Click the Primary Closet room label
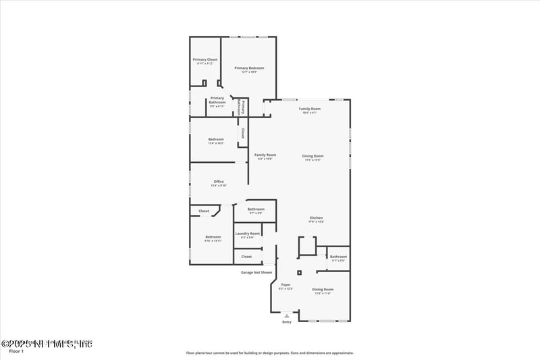coord(205,60)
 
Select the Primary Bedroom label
coord(249,68)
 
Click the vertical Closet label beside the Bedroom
coord(242,134)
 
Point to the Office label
coord(219,182)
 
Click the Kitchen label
coord(316,217)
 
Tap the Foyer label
coord(286,286)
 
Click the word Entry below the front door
coord(287,322)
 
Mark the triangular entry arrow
coord(287,315)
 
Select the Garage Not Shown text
coord(256,273)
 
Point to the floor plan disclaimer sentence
coord(269,353)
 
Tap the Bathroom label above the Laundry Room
coord(256,209)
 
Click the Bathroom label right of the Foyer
coord(338,257)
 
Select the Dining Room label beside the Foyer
coord(323,289)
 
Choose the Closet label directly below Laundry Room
coord(246,257)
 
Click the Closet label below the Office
coord(204,211)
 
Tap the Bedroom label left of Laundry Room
coord(213,237)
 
